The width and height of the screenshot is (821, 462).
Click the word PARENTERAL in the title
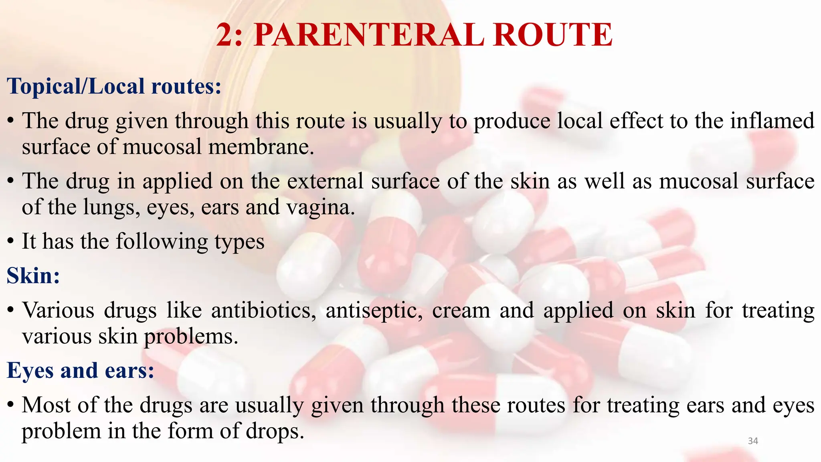click(369, 35)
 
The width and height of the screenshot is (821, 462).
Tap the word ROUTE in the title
click(552, 35)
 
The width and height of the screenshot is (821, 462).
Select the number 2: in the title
click(230, 35)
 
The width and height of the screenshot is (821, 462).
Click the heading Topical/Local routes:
click(114, 86)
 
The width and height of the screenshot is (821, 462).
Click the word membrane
click(261, 147)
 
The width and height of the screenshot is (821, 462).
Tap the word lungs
click(112, 207)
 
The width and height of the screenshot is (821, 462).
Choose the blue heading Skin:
click(33, 276)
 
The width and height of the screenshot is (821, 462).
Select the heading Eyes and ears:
click(80, 370)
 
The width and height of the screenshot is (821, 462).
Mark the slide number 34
click(753, 441)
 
